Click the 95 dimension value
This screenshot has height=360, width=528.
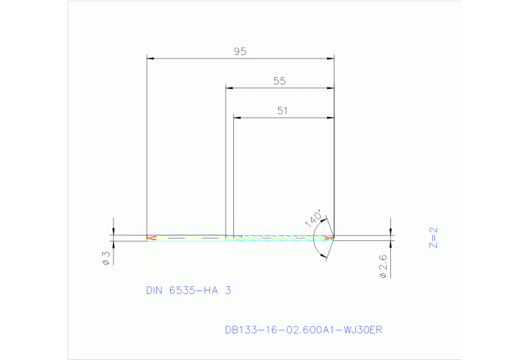coord(240,52)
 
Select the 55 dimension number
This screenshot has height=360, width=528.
coord(279,81)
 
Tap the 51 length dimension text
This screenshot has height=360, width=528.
coord(282,110)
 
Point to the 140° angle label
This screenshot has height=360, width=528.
coord(313,218)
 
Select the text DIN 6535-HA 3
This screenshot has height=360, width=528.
coord(188,290)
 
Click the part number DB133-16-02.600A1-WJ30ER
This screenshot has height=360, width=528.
coord(303,330)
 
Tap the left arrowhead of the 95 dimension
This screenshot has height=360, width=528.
coord(151,59)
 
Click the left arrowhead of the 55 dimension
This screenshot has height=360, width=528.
coord(230,88)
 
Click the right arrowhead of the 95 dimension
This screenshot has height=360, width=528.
coord(330,59)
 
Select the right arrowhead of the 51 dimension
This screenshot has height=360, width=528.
coord(330,118)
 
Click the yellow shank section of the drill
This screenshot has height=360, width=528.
coord(186,238)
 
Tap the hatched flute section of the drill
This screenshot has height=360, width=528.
coord(282,238)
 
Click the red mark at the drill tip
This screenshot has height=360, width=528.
coord(330,238)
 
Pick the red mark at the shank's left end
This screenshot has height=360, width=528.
coord(151,238)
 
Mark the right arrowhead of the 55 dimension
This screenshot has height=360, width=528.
coord(330,88)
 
